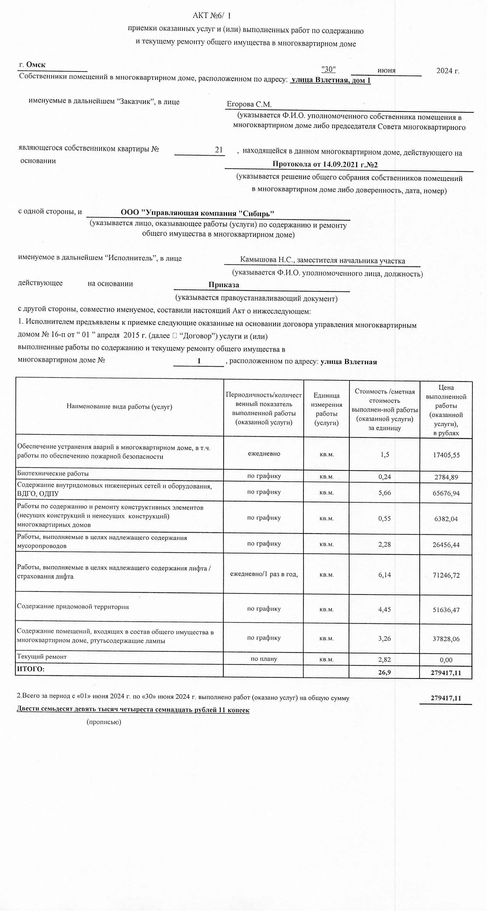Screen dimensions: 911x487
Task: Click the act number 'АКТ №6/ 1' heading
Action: tap(212, 15)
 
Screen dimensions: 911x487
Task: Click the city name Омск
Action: tap(36, 64)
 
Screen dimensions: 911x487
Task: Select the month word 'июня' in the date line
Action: tap(386, 70)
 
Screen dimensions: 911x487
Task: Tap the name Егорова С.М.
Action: tap(249, 104)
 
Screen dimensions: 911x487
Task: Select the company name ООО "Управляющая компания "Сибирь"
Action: tap(197, 213)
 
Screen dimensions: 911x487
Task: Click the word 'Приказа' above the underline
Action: tap(223, 285)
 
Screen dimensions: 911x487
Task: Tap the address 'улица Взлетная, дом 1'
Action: tap(331, 80)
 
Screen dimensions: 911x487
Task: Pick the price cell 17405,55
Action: tap(446, 455)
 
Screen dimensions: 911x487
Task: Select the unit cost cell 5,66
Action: tap(385, 493)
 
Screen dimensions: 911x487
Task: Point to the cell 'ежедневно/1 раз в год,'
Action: tap(264, 574)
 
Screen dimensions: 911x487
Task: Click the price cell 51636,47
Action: tap(446, 610)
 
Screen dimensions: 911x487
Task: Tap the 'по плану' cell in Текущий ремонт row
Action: tap(264, 659)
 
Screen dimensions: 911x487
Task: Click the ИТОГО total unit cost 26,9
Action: tap(385, 672)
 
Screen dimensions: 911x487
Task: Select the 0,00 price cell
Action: tap(446, 660)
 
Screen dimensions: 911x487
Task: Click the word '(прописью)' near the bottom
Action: tap(104, 722)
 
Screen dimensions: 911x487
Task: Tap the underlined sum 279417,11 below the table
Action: tap(446, 698)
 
